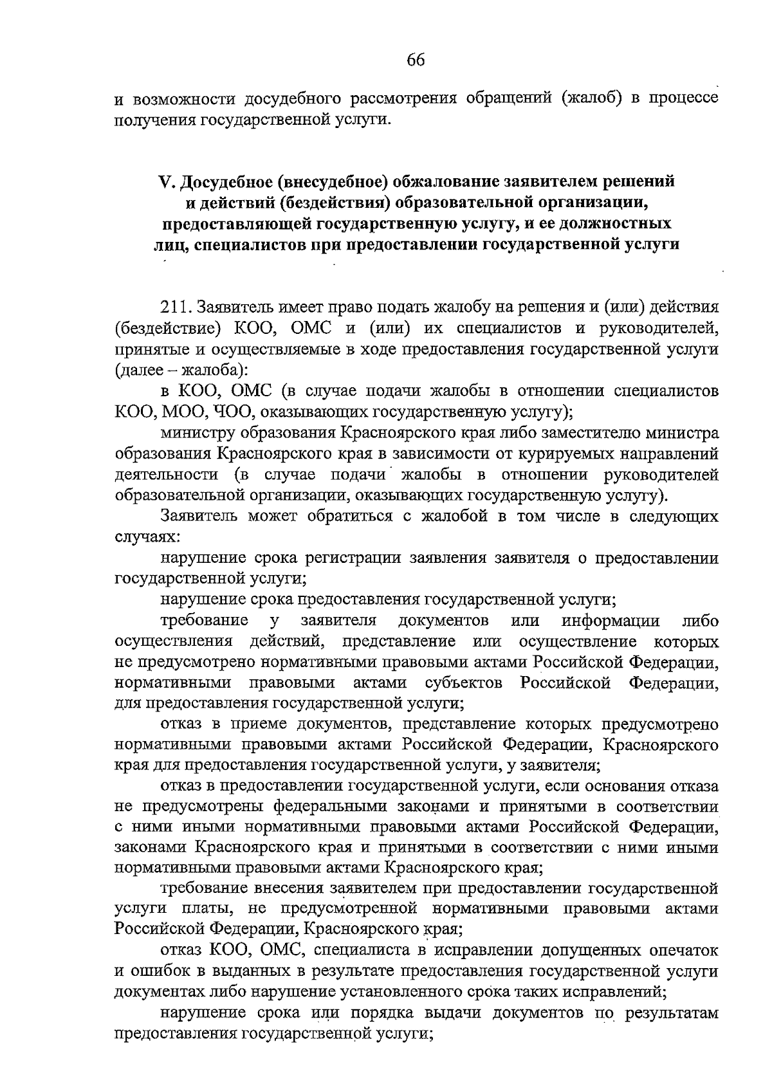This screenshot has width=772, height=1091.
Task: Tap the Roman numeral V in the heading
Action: [x=164, y=182]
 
